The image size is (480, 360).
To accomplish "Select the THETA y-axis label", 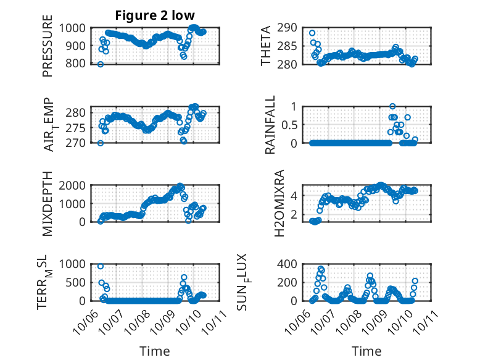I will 266,46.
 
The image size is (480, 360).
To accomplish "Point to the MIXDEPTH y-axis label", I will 48,204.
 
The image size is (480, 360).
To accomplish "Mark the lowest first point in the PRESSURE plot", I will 101,64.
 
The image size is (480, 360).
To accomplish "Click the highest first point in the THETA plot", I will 312,33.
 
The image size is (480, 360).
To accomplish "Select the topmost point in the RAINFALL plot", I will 392,106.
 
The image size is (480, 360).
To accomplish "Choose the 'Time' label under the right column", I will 366,351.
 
